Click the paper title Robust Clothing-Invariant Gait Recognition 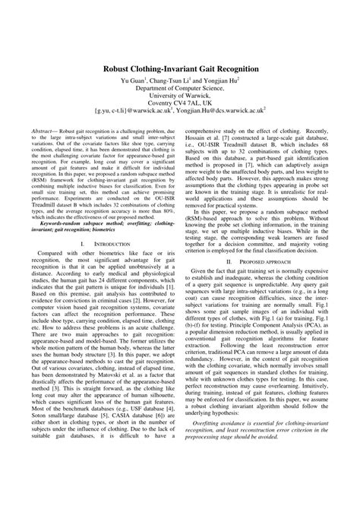(x=179, y=68)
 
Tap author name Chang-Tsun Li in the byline (x=171, y=81)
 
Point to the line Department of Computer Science (x=179, y=89)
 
